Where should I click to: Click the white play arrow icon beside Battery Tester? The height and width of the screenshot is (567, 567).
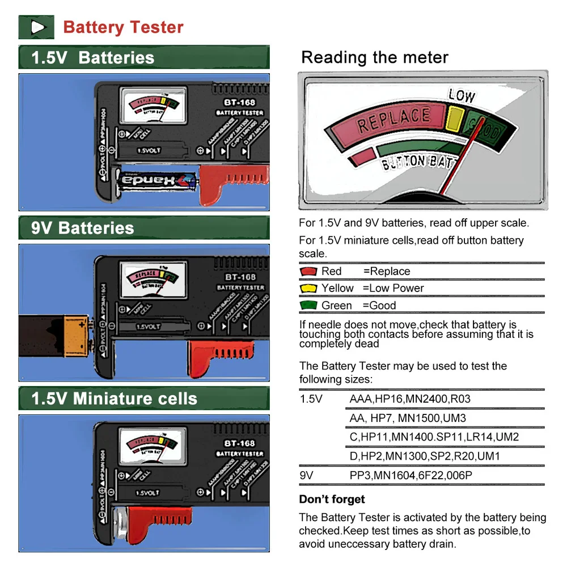click(x=37, y=27)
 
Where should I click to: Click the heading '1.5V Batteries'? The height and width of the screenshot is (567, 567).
click(x=93, y=58)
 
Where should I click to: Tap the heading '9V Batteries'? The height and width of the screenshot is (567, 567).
click(x=83, y=229)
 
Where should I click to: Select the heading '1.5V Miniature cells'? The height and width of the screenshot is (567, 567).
click(x=114, y=399)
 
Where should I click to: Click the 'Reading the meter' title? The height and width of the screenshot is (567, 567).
click(x=375, y=57)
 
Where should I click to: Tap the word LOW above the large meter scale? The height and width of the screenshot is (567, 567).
click(x=462, y=95)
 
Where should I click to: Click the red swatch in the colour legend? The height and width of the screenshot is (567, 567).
click(x=308, y=272)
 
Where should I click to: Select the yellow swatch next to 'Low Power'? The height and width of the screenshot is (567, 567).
click(x=308, y=289)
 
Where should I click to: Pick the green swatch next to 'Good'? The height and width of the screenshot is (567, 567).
click(x=308, y=306)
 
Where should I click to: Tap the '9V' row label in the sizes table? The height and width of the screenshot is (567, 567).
click(x=306, y=475)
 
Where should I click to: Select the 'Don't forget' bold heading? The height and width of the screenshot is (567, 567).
click(x=332, y=500)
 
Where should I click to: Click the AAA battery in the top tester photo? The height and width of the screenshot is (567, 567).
click(x=155, y=181)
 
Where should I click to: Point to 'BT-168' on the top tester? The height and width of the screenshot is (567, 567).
click(x=239, y=103)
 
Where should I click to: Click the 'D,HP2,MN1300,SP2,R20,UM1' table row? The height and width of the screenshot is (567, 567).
click(x=425, y=456)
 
